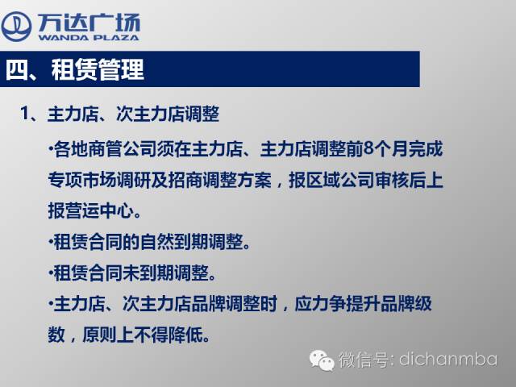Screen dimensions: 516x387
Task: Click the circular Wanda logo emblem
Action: [x=16, y=27]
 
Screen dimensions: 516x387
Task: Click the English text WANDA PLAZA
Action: [x=89, y=38]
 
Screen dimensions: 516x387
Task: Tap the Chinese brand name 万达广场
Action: [x=89, y=23]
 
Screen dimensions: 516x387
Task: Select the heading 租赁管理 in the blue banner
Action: [x=98, y=70]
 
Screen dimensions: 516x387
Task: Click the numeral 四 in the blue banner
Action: [x=16, y=70]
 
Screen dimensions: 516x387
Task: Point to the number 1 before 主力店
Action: [x=25, y=114]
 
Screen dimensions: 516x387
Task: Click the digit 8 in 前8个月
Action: [x=369, y=149]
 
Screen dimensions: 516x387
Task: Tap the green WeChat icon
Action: [x=319, y=360]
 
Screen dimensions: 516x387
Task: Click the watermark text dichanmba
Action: [x=448, y=359]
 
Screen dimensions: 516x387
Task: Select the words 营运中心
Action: [x=100, y=210]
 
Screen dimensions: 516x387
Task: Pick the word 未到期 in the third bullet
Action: [x=148, y=273]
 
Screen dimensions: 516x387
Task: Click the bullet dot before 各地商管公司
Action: [x=51, y=148]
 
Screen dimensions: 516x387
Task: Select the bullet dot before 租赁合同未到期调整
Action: [x=51, y=273]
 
